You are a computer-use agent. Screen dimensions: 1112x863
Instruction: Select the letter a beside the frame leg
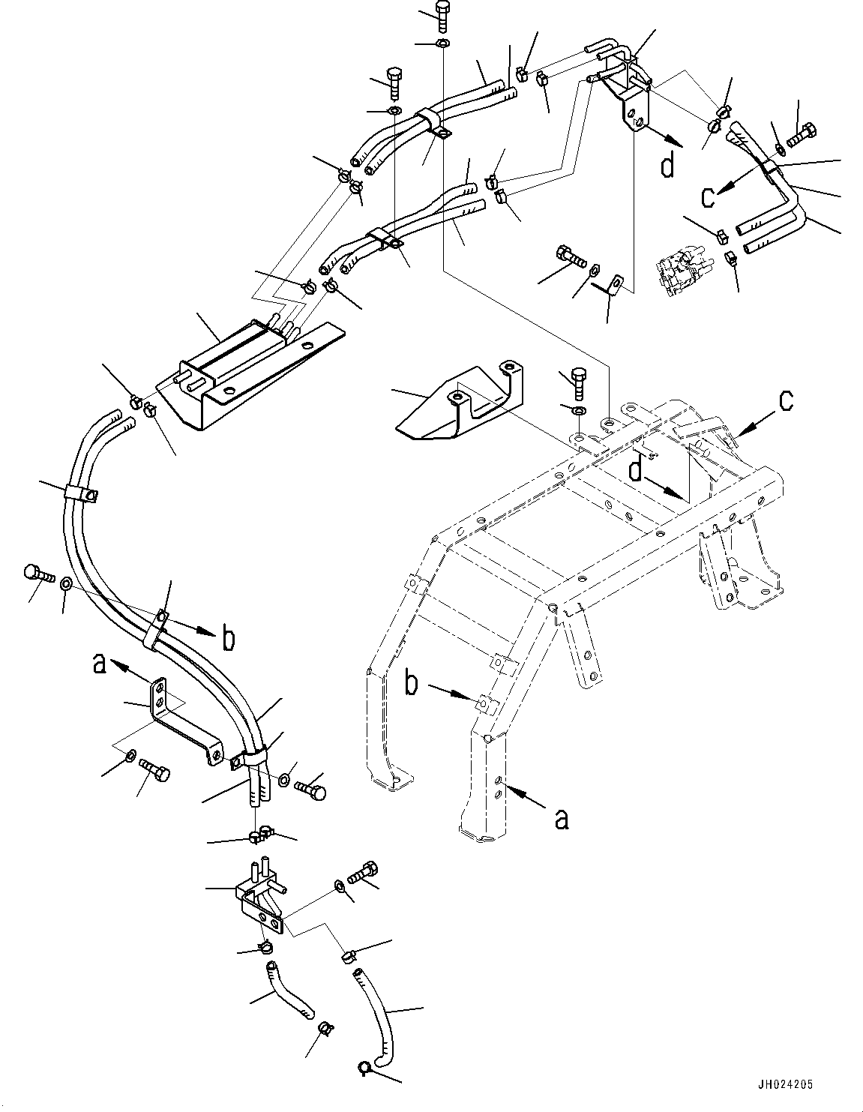[561, 820]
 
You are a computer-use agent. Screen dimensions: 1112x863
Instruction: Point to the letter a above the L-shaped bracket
[99, 664]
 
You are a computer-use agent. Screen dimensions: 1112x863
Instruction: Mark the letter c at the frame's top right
[785, 401]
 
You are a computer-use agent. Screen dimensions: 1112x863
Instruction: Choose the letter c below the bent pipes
[708, 196]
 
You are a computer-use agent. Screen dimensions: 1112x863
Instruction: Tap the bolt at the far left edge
[38, 573]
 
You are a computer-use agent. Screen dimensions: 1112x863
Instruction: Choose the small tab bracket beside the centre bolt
[615, 287]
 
